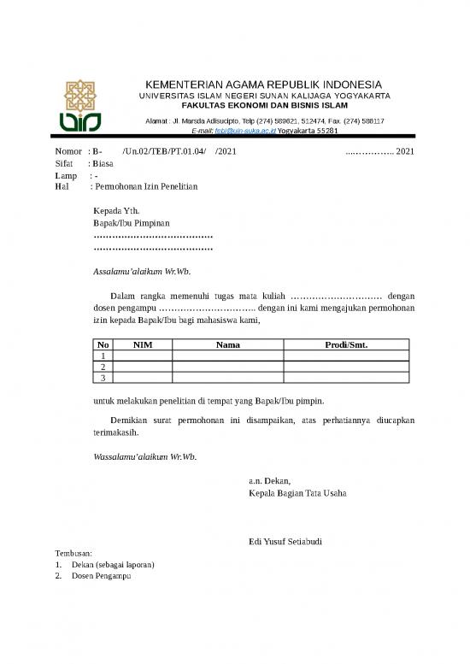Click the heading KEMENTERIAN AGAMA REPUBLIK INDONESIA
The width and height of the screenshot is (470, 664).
point(265,85)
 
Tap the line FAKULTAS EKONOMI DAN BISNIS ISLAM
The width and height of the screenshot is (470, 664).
point(265,106)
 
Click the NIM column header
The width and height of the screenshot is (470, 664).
point(143,344)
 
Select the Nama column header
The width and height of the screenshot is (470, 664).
point(227,344)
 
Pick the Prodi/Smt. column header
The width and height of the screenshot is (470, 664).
point(347,344)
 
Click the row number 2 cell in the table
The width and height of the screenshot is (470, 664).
point(103,366)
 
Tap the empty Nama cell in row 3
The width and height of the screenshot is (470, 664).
point(227,377)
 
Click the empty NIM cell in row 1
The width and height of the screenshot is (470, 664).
point(143,356)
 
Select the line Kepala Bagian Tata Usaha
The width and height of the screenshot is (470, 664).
point(297,493)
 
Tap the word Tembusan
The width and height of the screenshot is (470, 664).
point(73,554)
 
